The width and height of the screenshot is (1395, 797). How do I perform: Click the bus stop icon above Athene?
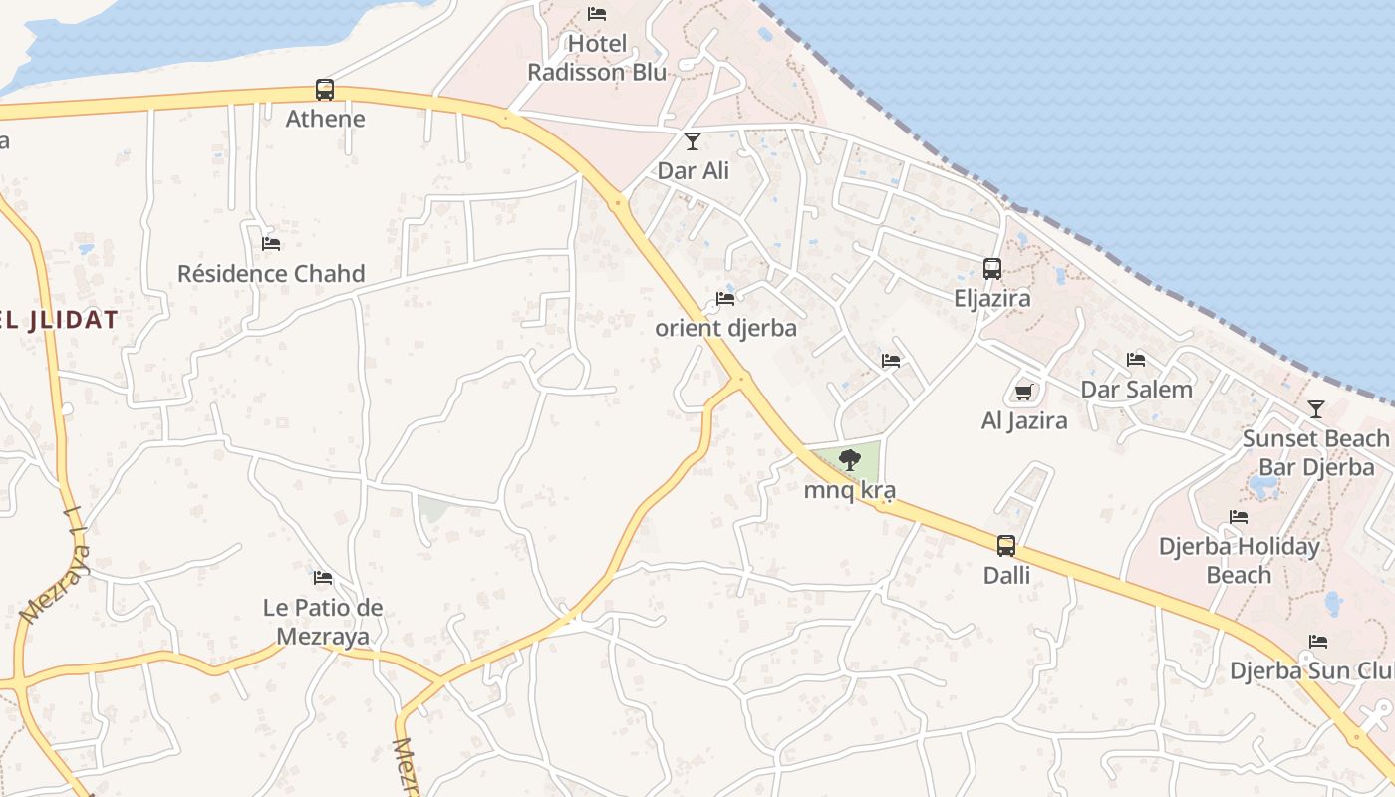[325, 90]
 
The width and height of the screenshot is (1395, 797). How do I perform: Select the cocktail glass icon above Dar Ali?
[693, 141]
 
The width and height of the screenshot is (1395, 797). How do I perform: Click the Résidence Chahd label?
[271, 273]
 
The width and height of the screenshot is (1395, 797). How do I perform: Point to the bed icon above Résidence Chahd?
[271, 244]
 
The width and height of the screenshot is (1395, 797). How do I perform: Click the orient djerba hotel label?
[725, 327]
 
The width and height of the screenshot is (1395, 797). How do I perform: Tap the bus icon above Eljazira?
[992, 269]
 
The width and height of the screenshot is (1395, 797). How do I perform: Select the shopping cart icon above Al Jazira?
[1023, 392]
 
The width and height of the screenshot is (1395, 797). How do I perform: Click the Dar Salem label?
[1136, 390]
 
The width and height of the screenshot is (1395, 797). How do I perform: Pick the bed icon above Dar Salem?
[1136, 360]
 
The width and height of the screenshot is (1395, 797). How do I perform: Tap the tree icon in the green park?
[849, 460]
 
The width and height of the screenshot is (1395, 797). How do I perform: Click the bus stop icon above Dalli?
[1006, 546]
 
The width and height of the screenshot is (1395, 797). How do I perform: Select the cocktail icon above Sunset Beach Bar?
[1315, 409]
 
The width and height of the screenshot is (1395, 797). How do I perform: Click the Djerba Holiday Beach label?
[1239, 560]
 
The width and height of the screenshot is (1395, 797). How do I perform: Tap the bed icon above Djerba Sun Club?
[1318, 642]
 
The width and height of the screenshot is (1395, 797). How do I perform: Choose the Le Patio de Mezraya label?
[323, 622]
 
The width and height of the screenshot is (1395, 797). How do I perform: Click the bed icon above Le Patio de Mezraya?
[323, 578]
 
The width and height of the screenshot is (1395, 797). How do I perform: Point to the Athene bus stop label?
[325, 119]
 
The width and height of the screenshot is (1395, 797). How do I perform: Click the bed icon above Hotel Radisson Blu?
[597, 14]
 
